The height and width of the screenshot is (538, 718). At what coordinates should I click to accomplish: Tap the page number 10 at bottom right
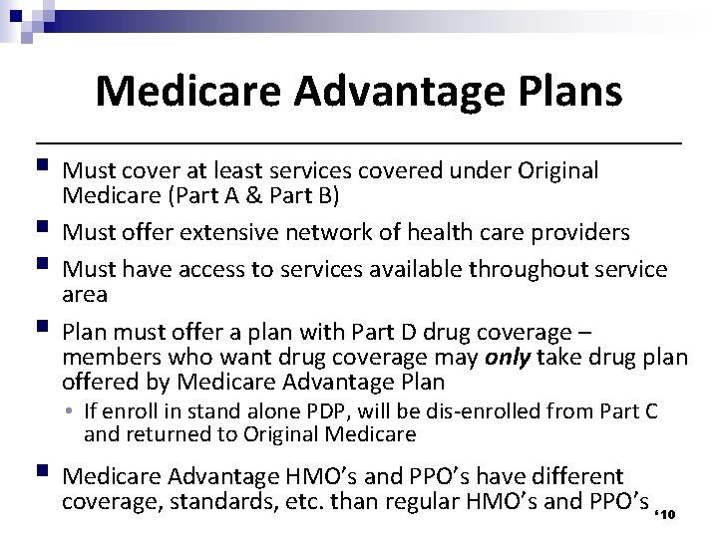tap(669, 513)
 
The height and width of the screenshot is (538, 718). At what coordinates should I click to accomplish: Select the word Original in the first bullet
tap(553, 171)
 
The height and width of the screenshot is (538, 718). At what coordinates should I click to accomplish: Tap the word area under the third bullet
tap(85, 295)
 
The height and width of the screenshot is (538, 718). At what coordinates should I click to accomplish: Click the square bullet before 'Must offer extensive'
tap(39, 230)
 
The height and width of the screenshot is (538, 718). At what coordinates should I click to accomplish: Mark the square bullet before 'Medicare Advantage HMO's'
tap(39, 474)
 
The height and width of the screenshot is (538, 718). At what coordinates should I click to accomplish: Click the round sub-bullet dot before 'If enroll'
tap(73, 410)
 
